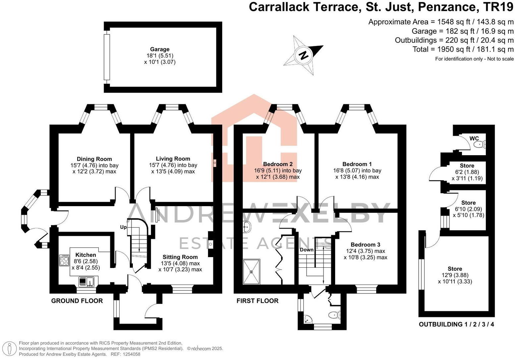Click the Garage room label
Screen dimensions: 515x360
[160, 49]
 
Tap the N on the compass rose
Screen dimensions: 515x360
[304, 56]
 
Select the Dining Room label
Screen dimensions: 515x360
[94, 159]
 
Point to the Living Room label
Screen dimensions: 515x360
[173, 159]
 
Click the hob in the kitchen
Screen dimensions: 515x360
[64, 260]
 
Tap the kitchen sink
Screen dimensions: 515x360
[86, 282]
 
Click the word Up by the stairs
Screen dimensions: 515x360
[124, 227]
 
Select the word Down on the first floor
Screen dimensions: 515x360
[307, 250]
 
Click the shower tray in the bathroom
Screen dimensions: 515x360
[251, 272]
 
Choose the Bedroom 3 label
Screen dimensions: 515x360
[365, 245]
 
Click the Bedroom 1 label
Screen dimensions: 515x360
[357, 164]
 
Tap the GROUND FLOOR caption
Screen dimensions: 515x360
[77, 301]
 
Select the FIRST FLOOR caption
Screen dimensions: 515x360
[258, 301]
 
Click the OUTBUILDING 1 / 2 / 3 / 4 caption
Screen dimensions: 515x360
[456, 324]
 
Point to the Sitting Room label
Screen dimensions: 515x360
[180, 257]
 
